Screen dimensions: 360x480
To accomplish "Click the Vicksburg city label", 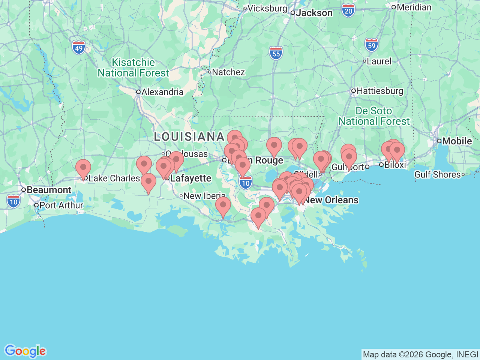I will click(x=267, y=8).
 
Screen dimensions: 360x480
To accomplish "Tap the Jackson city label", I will click(x=314, y=13).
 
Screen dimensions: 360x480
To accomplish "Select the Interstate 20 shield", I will click(x=348, y=11).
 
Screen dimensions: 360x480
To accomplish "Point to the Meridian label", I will click(x=414, y=7).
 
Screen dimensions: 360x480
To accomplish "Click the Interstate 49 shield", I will click(x=79, y=48).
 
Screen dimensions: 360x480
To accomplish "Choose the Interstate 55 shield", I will click(x=276, y=54).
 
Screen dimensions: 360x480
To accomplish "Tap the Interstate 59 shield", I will click(x=371, y=45).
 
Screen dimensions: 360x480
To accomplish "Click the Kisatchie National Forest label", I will click(x=133, y=68).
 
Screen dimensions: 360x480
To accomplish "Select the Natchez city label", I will click(x=228, y=72).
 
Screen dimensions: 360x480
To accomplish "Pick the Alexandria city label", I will click(x=162, y=92).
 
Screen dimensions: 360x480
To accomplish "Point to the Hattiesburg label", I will click(x=379, y=91).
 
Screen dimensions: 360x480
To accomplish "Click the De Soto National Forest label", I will click(x=374, y=116).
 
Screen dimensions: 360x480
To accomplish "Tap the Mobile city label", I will click(x=457, y=141).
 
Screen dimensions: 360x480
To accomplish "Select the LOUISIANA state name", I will click(x=189, y=137).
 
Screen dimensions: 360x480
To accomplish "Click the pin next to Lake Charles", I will click(x=83, y=168).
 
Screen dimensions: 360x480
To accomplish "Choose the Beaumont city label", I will click(x=49, y=190).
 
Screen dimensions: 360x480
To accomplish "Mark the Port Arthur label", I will click(x=61, y=205).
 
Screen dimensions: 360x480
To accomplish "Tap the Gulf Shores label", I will click(x=437, y=174).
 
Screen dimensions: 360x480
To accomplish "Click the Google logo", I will click(x=25, y=351).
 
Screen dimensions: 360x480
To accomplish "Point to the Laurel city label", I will click(x=379, y=61).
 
